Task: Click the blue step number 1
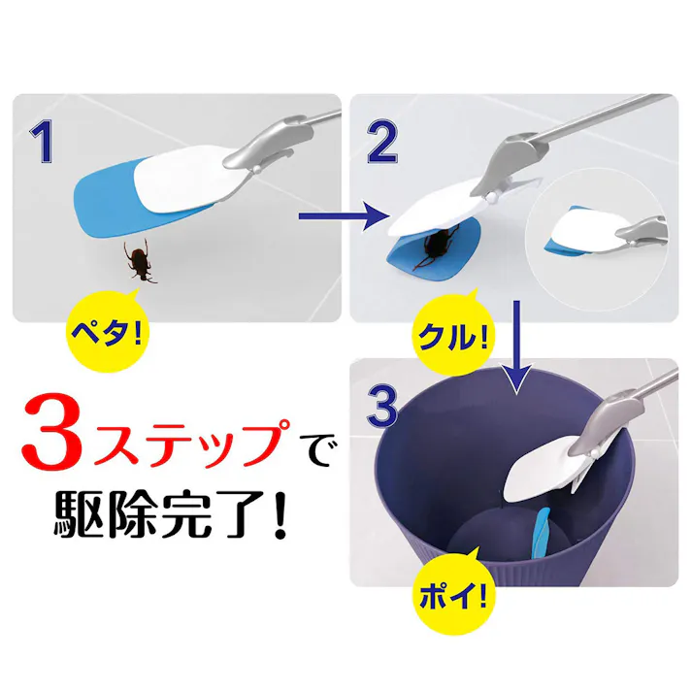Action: tap(42, 142)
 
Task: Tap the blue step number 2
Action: tap(382, 142)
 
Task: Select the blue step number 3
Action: tap(381, 407)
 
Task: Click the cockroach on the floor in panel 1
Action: tap(140, 261)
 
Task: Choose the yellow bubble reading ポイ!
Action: tap(454, 594)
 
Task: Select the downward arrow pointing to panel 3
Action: tap(516, 346)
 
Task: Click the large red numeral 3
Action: tap(52, 432)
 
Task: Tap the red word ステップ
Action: tap(190, 442)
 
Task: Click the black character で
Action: tap(315, 450)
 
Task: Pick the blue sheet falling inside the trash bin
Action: tap(541, 532)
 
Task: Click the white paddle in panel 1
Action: tap(185, 179)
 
